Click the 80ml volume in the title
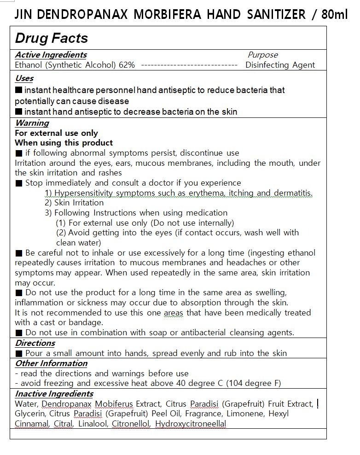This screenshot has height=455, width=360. pos(335,14)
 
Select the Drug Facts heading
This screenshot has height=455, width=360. pos(51,38)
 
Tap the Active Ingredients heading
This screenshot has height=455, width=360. pos(51,55)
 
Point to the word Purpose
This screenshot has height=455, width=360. pos(262,55)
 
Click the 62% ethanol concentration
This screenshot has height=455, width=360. pos(127,65)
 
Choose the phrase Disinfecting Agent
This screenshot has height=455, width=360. pos(280,65)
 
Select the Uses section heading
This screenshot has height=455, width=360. pos(24,78)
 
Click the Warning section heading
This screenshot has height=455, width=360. pos(32,123)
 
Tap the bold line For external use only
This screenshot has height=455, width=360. pos(56,133)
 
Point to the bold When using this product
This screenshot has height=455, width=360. pos(64,143)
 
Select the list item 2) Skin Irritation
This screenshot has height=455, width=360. pos(74,203)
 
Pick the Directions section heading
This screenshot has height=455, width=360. pos(35,343)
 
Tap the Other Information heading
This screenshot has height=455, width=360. pos(51,363)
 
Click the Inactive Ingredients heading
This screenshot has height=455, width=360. pos(54,394)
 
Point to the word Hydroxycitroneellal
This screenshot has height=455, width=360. pos(191,424)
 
